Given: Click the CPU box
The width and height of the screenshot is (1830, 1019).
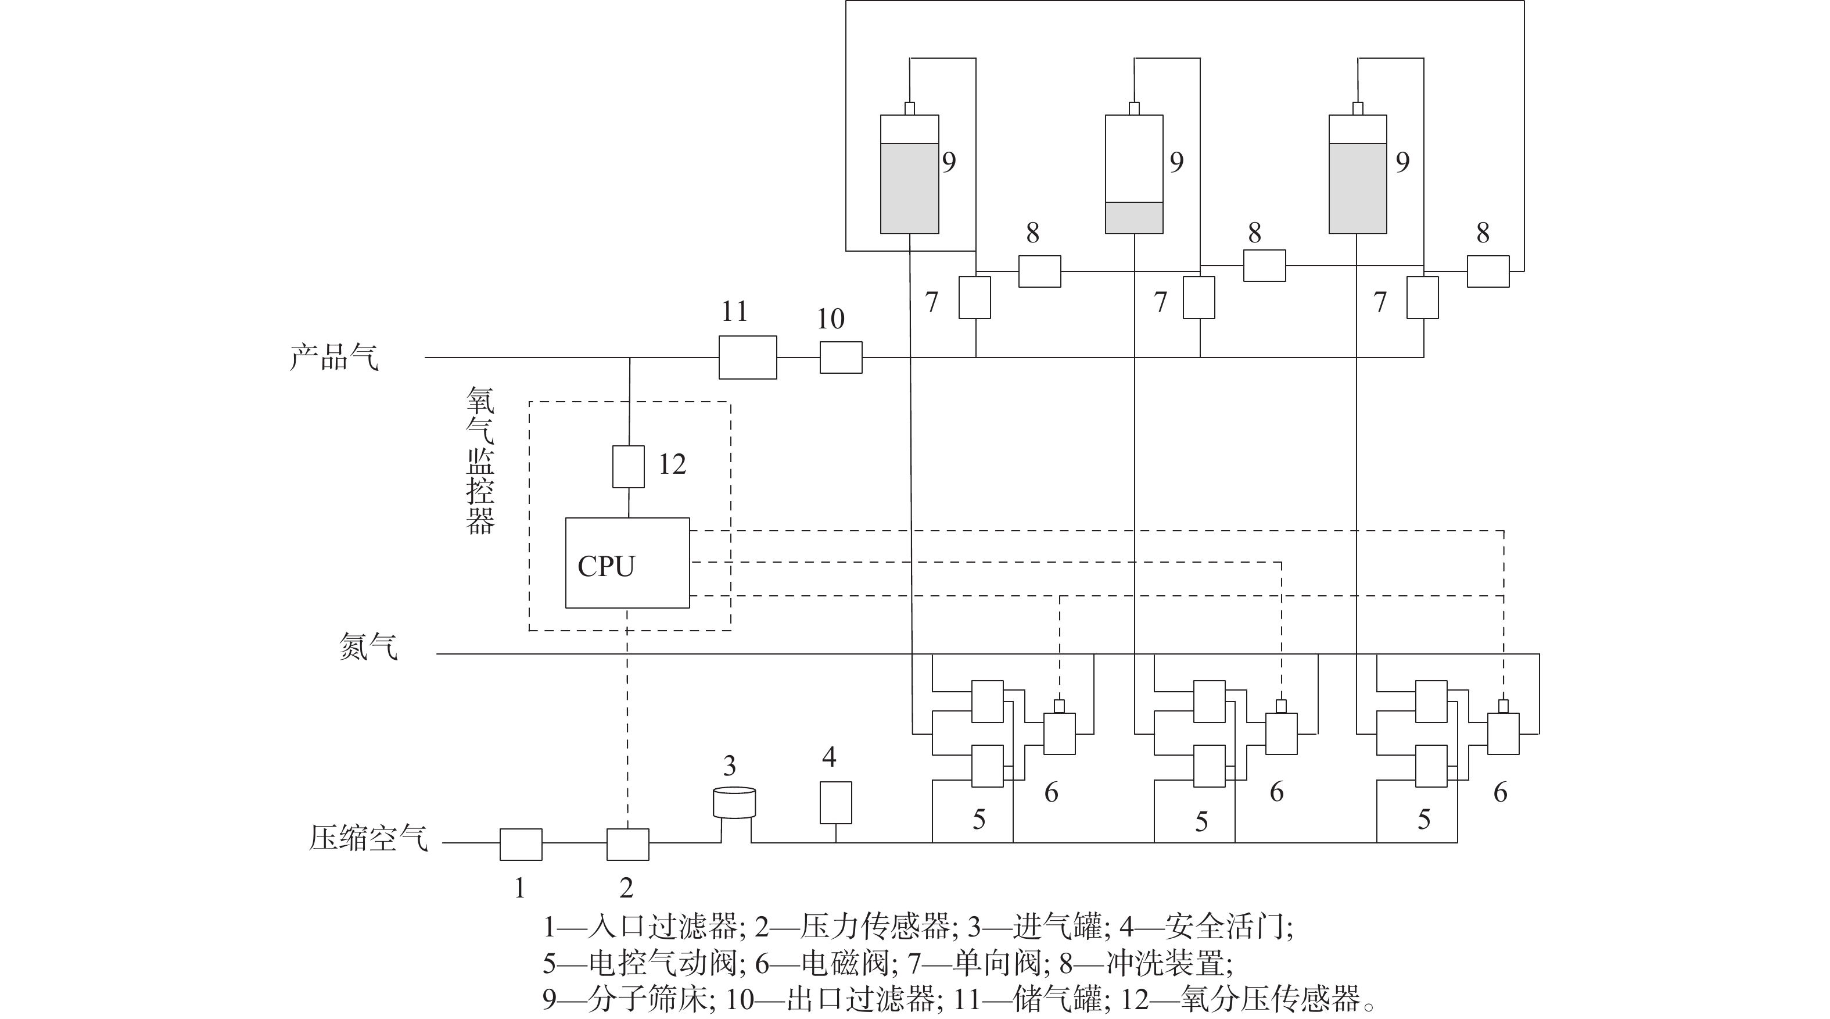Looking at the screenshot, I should tap(627, 562).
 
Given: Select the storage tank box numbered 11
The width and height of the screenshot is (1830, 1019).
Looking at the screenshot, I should tap(747, 357).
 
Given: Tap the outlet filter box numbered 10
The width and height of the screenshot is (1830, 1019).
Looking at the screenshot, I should tap(841, 357).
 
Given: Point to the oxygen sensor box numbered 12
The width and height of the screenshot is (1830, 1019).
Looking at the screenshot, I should tap(628, 466).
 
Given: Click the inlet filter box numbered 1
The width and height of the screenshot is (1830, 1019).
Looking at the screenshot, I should tap(521, 843).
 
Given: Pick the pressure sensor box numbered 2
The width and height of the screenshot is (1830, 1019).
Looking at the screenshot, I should tap(627, 843).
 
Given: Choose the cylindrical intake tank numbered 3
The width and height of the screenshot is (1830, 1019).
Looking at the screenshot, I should tap(734, 803).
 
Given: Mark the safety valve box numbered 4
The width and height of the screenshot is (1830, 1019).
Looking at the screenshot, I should tap(835, 802).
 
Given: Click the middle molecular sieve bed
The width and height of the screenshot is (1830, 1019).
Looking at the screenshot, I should tap(1134, 174).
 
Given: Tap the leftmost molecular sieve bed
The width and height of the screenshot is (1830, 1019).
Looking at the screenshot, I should tap(909, 174).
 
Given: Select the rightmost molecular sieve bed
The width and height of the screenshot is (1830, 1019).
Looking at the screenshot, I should tap(1358, 174).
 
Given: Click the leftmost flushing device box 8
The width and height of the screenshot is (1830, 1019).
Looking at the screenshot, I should tap(1039, 271).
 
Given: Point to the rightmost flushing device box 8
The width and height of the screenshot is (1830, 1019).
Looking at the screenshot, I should tap(1488, 271).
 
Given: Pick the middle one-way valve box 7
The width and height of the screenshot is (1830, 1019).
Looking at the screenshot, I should tap(1199, 297).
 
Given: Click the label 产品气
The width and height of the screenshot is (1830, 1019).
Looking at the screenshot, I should tap(334, 357).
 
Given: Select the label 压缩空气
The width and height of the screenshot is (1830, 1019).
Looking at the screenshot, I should tap(368, 838).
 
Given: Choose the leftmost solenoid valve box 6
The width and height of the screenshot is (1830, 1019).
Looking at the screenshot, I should tap(1059, 734).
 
